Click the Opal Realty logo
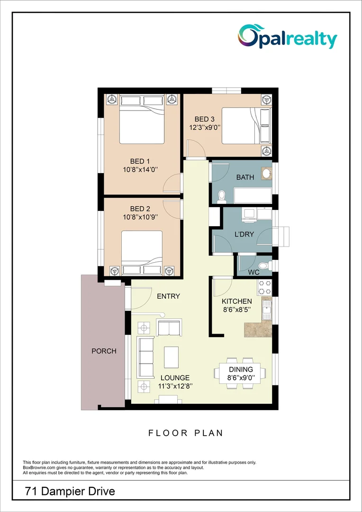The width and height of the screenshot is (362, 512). point(288,37)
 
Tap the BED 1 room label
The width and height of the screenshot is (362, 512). point(140,162)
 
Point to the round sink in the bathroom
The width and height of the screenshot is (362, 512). point(266,173)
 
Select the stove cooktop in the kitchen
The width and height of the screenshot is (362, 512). point(264,287)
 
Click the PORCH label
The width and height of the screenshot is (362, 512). point(104,351)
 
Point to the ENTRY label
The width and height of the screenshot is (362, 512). point(168,296)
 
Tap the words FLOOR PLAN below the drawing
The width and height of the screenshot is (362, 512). point(185,433)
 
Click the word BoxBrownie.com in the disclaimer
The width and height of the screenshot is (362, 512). point(39,468)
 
